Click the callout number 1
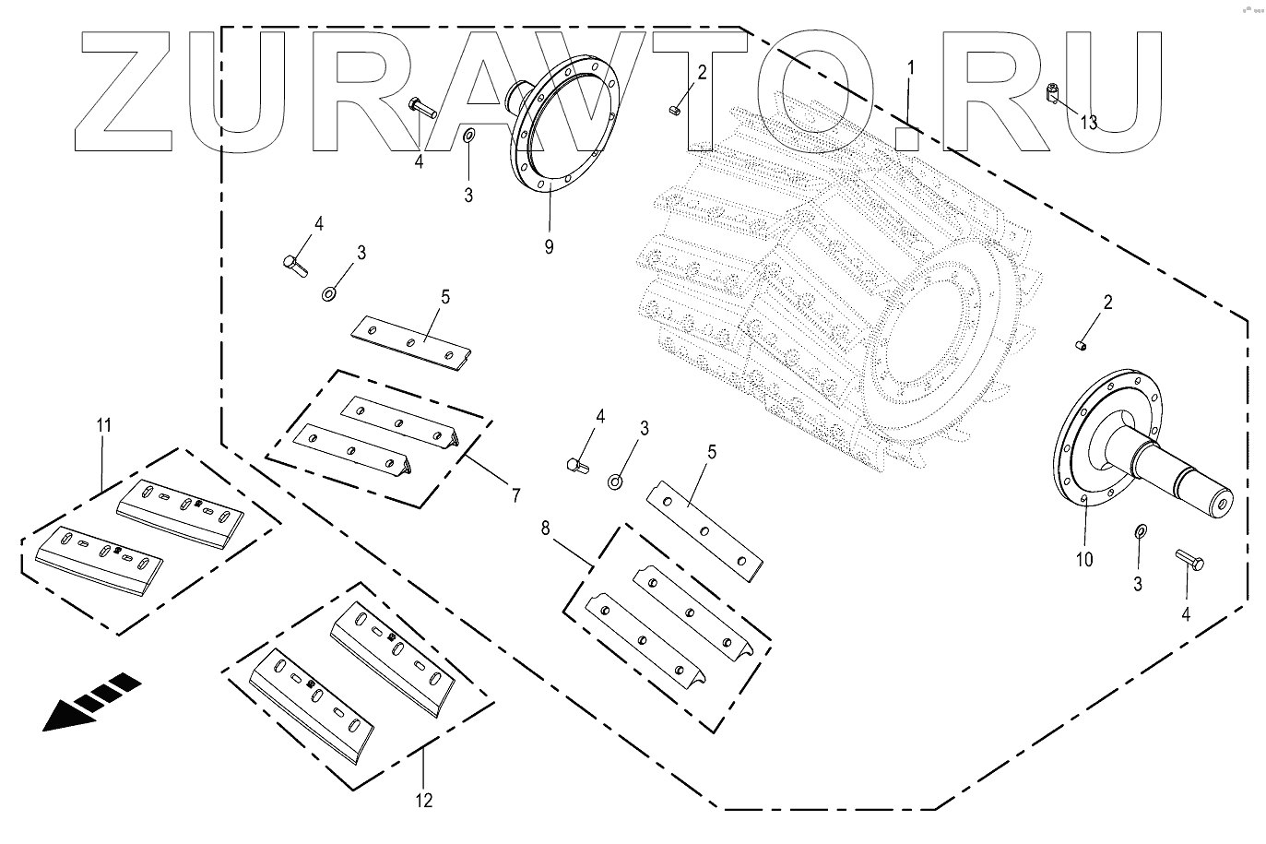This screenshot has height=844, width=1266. [911, 67]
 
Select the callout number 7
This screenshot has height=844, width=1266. [515, 495]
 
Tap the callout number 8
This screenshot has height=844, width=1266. [545, 529]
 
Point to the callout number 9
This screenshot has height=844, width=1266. [549, 247]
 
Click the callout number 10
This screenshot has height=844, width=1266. [1083, 559]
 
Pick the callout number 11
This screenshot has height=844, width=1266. [103, 425]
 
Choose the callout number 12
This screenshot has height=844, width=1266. [423, 800]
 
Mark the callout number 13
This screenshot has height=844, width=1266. [1089, 123]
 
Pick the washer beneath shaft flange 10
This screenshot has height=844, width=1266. [1140, 531]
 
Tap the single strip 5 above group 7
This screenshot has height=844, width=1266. [412, 344]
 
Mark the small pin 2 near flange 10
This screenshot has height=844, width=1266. [1081, 345]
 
